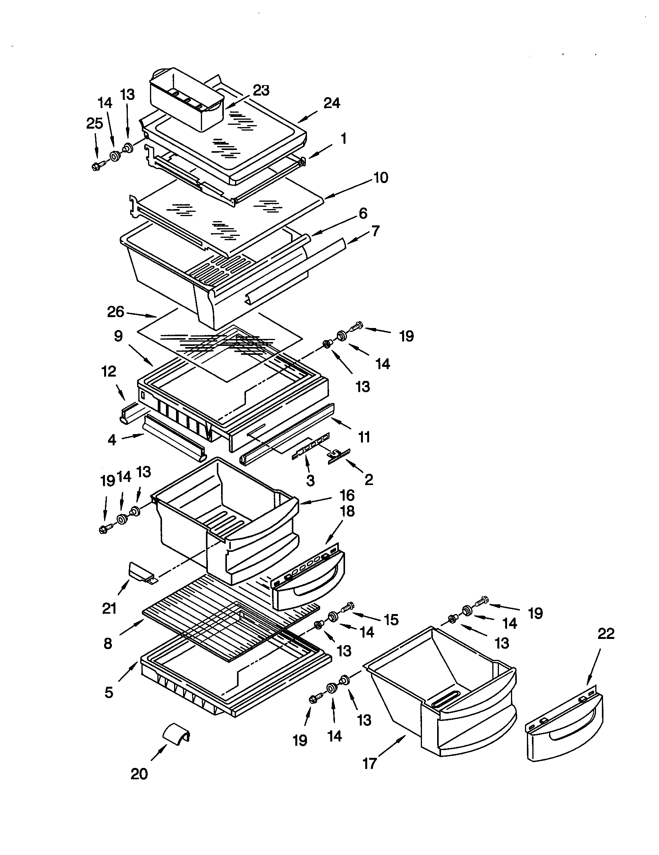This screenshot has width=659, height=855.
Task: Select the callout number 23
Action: point(261,91)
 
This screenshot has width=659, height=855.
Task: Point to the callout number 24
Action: point(331,103)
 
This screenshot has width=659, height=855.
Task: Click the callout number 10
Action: point(380,178)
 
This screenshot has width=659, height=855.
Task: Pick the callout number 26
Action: point(115,312)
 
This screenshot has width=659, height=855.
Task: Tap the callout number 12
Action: point(109,372)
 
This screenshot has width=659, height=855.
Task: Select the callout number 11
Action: point(364,436)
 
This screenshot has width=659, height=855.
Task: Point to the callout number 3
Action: point(310,480)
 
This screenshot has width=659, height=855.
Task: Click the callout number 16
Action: point(347,495)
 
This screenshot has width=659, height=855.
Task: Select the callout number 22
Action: point(606,633)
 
